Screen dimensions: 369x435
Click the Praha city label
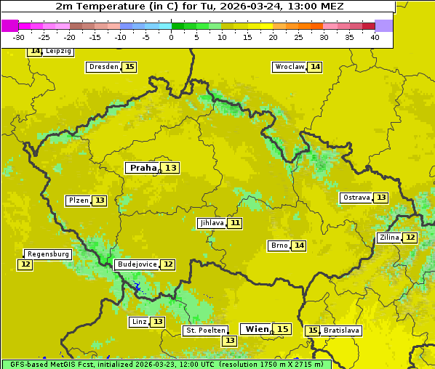tap(143, 168)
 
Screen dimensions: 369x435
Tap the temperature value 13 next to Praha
tap(171, 168)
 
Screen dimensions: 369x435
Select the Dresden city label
tap(103, 67)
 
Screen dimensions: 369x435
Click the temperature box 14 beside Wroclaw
tap(315, 67)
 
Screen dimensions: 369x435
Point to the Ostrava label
tap(356, 198)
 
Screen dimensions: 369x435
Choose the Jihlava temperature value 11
tap(234, 223)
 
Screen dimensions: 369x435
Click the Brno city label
tap(279, 246)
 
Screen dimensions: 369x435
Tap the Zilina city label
tap(389, 238)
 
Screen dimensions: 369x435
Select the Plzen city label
tap(78, 200)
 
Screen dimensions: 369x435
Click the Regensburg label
tap(48, 254)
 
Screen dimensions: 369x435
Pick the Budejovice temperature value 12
tap(168, 264)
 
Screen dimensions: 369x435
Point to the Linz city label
tap(139, 322)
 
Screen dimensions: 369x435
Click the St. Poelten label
tap(206, 331)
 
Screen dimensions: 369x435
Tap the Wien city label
tap(257, 329)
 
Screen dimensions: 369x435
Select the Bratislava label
tap(341, 331)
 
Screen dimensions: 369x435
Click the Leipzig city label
tap(58, 52)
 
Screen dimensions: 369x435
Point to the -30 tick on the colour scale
tap(19, 37)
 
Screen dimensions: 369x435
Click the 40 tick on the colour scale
tap(375, 37)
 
